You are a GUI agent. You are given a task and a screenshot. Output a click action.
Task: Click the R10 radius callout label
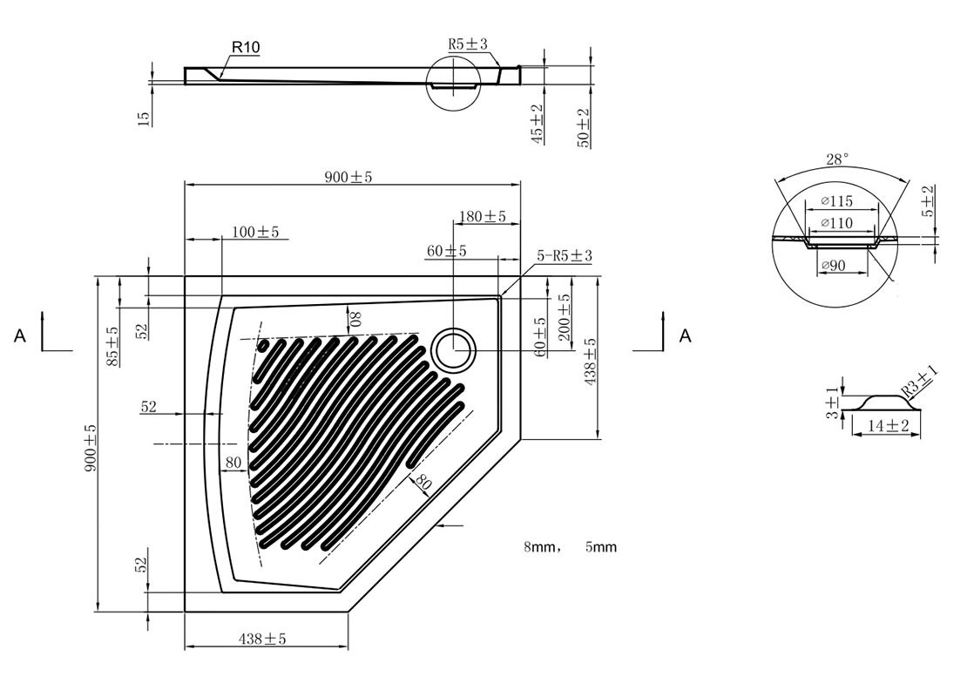[x=246, y=46]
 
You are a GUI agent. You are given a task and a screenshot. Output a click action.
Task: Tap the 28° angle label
[x=837, y=159]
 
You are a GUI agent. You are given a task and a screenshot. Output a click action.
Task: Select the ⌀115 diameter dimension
[x=836, y=201]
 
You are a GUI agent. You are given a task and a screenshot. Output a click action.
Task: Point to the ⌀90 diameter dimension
[x=833, y=265]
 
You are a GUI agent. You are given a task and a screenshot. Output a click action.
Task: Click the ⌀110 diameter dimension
[x=836, y=222]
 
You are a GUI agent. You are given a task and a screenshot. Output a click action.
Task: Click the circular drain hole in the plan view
[x=455, y=349]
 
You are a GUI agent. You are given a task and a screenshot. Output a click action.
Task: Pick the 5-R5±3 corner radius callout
[x=564, y=255]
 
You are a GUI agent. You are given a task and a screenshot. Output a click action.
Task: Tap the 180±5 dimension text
[x=482, y=217]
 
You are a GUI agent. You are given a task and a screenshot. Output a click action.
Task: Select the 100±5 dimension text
[x=255, y=233]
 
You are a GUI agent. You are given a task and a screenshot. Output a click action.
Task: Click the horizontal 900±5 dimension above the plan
[x=348, y=177]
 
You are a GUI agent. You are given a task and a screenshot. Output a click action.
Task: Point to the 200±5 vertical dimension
[x=564, y=317]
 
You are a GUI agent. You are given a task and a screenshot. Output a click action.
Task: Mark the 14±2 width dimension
[x=889, y=425]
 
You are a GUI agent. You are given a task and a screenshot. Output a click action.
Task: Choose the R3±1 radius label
[x=920, y=382]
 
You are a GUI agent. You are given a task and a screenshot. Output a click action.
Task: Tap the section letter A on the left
[x=20, y=336]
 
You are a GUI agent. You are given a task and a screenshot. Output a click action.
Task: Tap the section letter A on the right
[x=685, y=336]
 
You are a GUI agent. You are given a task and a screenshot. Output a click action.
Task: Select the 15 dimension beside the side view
[x=144, y=118]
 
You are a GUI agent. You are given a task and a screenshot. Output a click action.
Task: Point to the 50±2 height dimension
[x=584, y=127]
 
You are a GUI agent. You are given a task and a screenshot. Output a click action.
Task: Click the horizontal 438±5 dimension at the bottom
[x=262, y=639]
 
